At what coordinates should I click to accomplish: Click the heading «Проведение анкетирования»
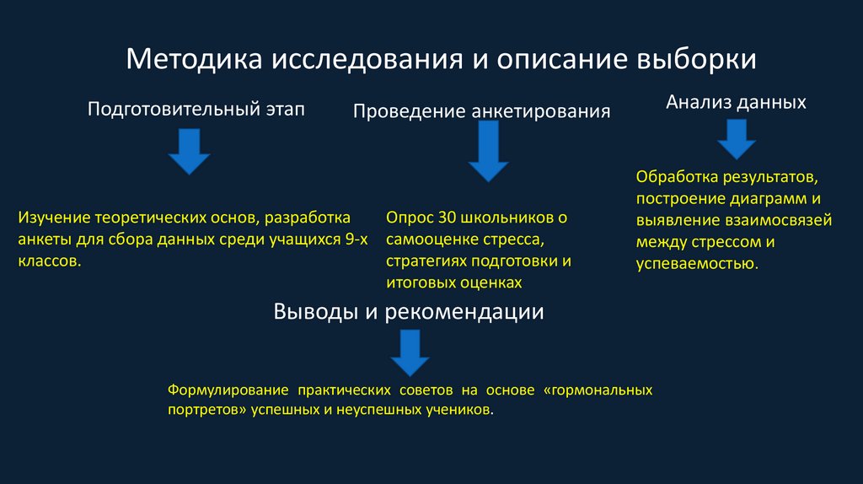coord(481,112)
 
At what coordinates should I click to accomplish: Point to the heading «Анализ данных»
coord(736,102)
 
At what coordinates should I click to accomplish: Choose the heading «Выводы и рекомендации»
coord(409,312)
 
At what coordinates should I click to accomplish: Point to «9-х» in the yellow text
coord(357,239)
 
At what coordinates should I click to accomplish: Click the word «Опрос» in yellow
coord(406,218)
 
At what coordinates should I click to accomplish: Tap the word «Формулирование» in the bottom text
coord(224,391)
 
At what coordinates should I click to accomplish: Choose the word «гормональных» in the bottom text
coord(600,391)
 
